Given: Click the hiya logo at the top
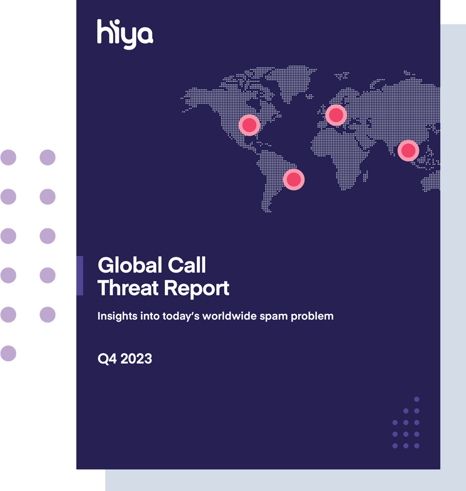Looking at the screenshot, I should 125,34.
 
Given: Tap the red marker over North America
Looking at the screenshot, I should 249,125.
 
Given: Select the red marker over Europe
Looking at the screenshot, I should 336,115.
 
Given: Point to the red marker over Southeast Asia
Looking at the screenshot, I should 408,151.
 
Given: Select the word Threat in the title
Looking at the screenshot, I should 128,288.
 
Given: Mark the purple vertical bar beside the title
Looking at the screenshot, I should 80,275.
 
